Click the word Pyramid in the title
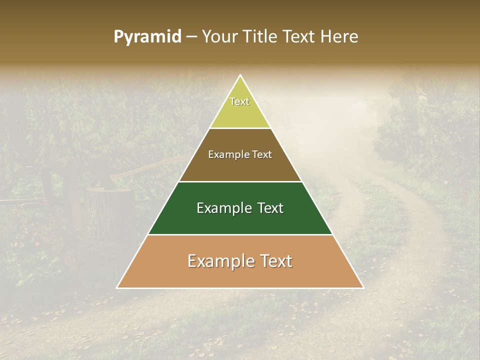pyautogui.click(x=147, y=37)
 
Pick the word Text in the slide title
pyautogui.click(x=300, y=37)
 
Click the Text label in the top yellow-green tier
pyautogui.click(x=239, y=101)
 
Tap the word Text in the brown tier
pyautogui.click(x=262, y=154)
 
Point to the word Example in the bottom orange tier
pyautogui.click(x=220, y=261)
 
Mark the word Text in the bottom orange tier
pyautogui.click(x=275, y=261)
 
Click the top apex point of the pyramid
pyautogui.click(x=240, y=75)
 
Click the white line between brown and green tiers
pyautogui.click(x=240, y=181)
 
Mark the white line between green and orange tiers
pyautogui.click(x=240, y=234)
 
